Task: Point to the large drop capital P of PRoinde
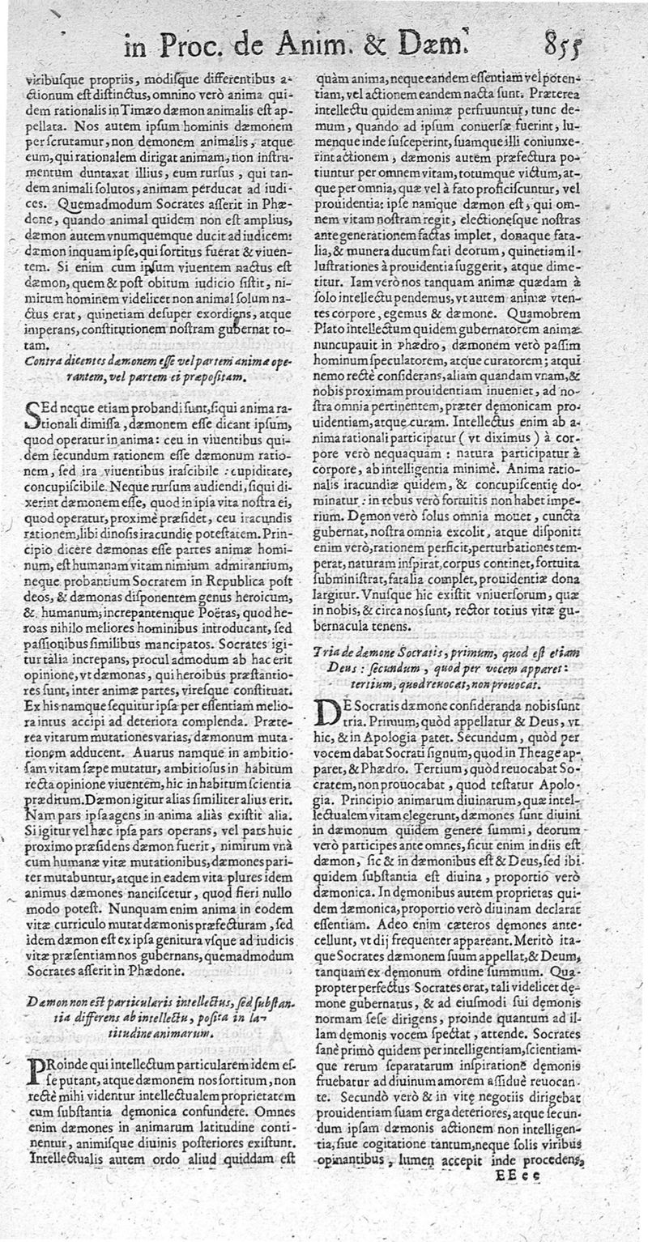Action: [36, 1070]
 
